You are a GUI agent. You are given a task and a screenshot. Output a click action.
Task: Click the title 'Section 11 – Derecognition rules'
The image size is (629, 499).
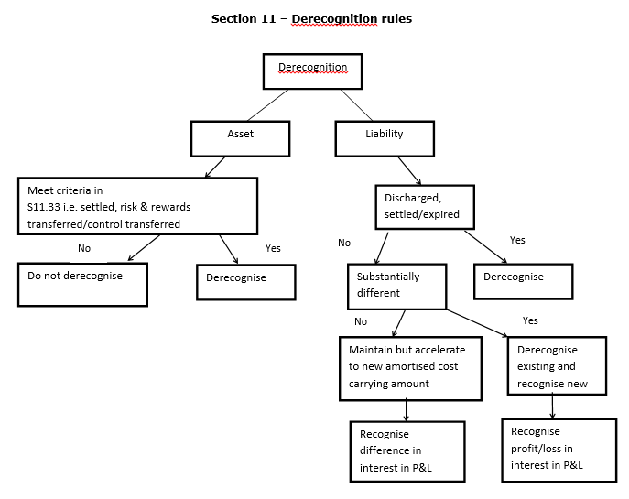(x=311, y=18)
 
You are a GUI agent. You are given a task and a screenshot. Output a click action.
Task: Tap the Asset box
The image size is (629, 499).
(x=240, y=138)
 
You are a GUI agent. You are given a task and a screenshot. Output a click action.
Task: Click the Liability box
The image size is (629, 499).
(x=384, y=138)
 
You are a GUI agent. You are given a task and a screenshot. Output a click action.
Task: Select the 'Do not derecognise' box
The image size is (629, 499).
(x=82, y=283)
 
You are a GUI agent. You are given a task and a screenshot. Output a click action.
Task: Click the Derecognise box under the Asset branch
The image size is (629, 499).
(x=245, y=282)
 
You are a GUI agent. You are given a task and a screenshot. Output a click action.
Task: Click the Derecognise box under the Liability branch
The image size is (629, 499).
(x=523, y=281)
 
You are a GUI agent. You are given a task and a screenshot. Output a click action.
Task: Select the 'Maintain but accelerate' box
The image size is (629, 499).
(x=411, y=368)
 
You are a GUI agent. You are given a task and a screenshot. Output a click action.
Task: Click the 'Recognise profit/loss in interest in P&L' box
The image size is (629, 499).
(x=559, y=449)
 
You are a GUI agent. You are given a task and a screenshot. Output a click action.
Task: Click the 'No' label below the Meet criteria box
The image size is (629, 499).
(x=84, y=248)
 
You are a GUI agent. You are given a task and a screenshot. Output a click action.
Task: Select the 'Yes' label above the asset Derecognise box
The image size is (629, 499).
(x=273, y=248)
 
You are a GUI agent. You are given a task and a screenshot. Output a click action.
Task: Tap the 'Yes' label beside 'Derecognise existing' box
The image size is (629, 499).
(x=530, y=321)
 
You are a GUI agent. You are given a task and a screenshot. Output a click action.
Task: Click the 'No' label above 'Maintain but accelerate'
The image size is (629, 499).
(x=360, y=322)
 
